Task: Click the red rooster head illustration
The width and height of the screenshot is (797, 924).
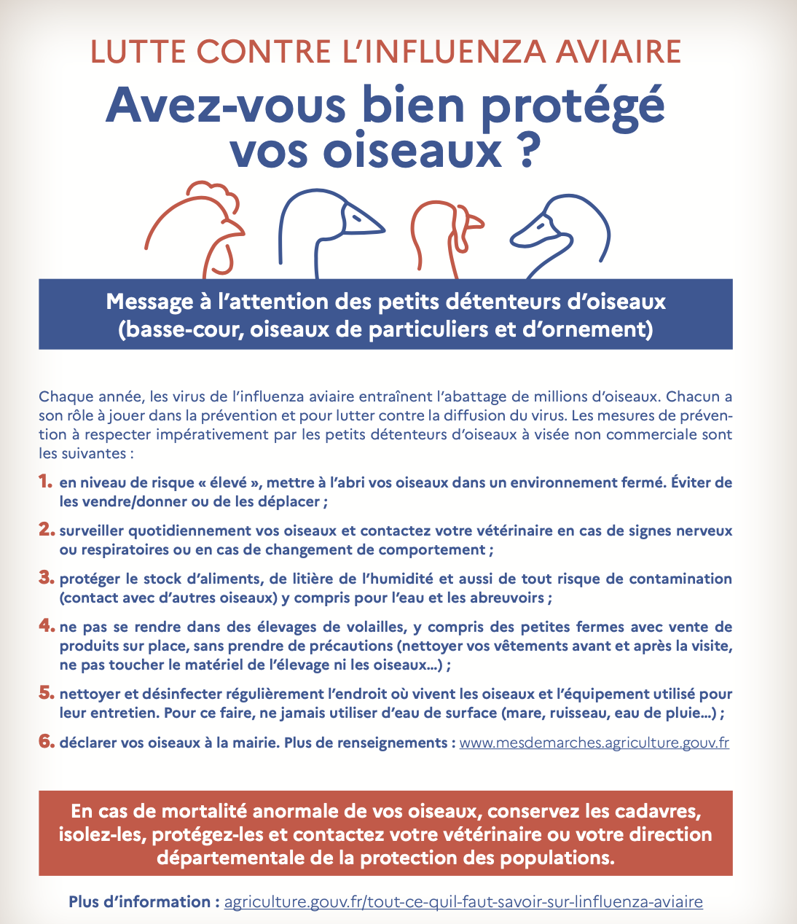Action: click(x=195, y=227)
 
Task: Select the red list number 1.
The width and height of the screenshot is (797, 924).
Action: click(x=46, y=482)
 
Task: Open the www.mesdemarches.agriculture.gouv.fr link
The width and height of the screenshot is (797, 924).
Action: click(x=594, y=743)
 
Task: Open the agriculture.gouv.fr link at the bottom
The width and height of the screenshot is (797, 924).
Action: click(x=463, y=902)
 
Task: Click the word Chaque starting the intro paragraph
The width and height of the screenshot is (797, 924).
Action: click(x=65, y=397)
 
